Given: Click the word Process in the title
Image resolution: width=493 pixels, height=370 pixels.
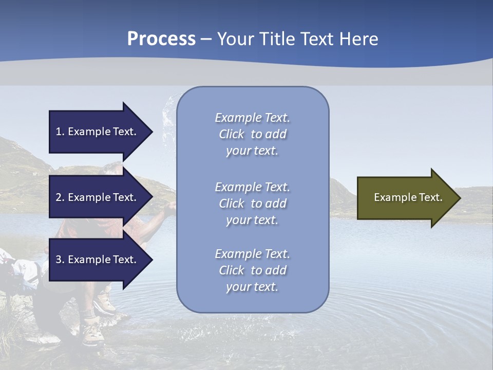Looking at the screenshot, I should coord(161,39).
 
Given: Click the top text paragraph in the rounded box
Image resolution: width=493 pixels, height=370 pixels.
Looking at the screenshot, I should coord(252,134).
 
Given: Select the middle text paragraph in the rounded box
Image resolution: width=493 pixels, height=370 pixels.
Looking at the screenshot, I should coord(252,203).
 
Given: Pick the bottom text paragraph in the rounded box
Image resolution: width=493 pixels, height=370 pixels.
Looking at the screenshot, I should coord(252,270).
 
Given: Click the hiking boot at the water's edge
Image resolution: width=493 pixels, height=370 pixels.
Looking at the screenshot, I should coord(94,330).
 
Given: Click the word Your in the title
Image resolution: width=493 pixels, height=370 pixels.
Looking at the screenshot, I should coord(235,39).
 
